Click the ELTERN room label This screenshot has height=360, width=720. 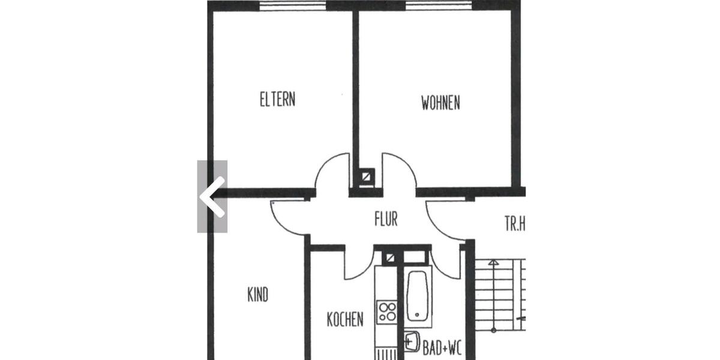(x=277, y=99)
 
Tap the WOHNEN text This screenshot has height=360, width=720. (x=440, y=103)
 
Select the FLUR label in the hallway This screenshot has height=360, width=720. (x=386, y=220)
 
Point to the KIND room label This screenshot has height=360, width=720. (x=258, y=295)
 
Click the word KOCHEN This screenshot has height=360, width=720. (x=345, y=319)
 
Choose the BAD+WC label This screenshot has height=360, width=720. (x=442, y=349)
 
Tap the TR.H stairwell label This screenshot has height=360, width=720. (x=514, y=225)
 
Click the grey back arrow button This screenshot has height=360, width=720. (x=212, y=196)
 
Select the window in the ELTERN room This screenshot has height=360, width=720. (x=293, y=5)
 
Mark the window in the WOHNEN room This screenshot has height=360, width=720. (x=439, y=5)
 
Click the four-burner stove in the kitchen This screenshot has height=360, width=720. (x=387, y=311)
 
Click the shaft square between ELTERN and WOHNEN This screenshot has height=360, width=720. (x=365, y=178)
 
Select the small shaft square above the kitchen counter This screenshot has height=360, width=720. (x=390, y=257)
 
